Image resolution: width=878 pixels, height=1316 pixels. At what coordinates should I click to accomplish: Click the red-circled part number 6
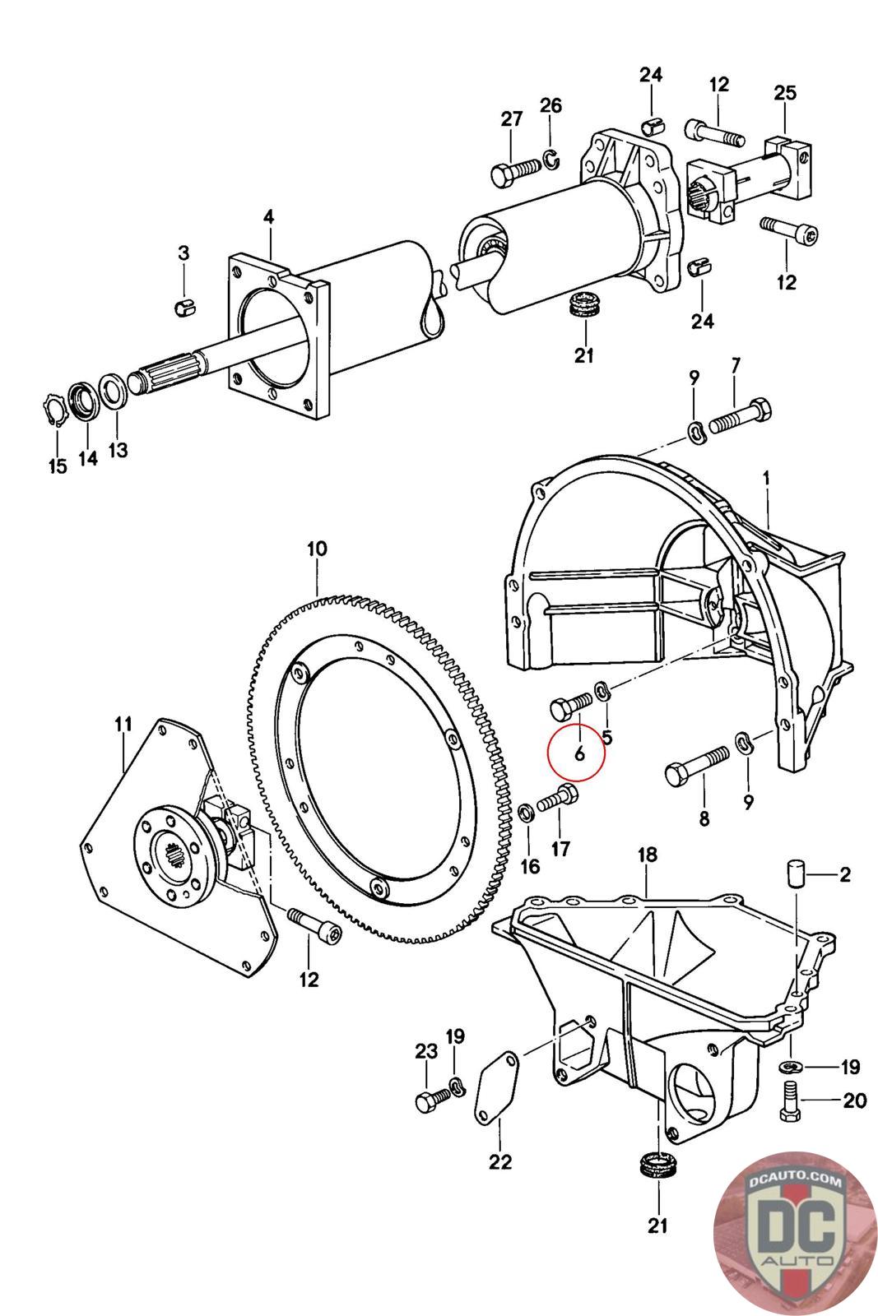tap(578, 752)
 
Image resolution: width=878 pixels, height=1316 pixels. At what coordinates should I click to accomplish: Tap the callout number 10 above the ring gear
tap(317, 549)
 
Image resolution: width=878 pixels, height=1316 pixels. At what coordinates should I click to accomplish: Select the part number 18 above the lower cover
tap(648, 855)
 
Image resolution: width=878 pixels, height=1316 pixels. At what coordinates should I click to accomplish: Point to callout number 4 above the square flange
tap(269, 217)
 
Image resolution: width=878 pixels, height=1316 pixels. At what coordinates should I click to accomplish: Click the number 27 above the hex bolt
tap(512, 119)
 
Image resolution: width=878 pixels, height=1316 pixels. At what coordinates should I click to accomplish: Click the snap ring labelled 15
tap(53, 410)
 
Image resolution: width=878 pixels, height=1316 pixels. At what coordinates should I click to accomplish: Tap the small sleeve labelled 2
tap(796, 873)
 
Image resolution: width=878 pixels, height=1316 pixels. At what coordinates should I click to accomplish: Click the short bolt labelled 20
tap(787, 1101)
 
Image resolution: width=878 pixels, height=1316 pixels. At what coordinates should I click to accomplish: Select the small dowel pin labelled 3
tap(185, 308)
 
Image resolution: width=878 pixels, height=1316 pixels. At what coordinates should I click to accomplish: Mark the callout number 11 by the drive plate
tap(123, 725)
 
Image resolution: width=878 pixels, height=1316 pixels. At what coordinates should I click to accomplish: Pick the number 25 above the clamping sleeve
tap(785, 92)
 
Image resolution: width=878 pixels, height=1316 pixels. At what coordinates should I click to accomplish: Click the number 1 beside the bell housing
tap(767, 477)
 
